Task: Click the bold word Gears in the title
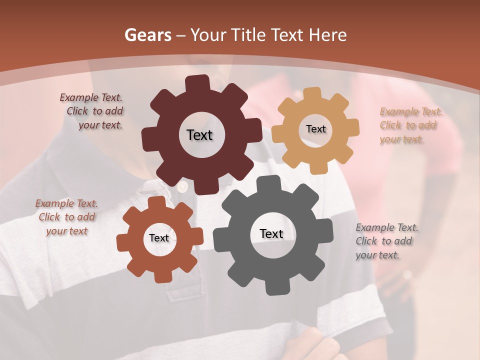147,35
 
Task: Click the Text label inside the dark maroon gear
199,135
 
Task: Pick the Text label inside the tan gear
315,129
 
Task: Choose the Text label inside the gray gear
271,234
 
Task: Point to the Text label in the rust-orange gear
159,238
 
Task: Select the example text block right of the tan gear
408,125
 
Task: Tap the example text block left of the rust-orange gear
67,217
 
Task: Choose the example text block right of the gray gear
387,241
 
